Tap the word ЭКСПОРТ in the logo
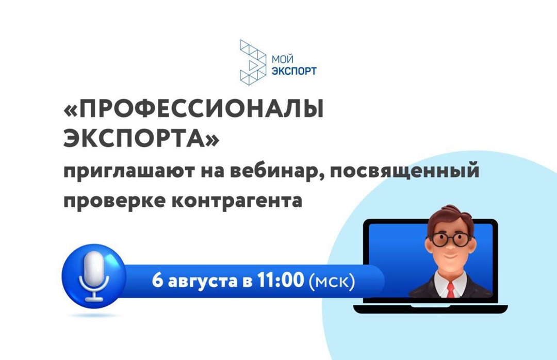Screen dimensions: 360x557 [x=293, y=71]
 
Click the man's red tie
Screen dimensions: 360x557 [x=450, y=289]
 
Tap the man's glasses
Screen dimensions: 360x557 [x=450, y=239]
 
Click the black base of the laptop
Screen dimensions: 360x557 [x=425, y=308]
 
